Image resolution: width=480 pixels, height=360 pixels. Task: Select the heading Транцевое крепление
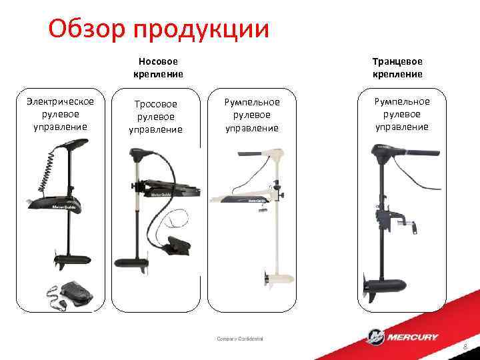[x=398, y=67]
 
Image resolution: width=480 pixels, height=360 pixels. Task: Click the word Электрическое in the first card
[x=60, y=101]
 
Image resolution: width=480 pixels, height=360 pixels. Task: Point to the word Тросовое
[x=155, y=105]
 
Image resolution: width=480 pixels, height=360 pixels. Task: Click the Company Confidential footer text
[x=240, y=339]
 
